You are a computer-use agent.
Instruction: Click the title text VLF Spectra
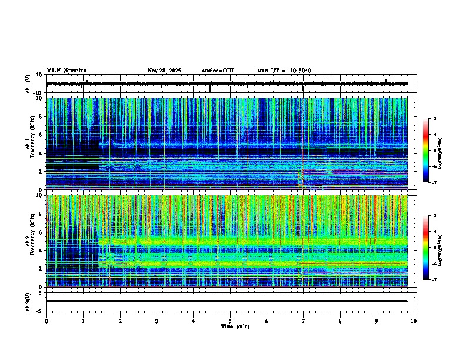coord(66,71)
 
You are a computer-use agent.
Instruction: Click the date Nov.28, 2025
coord(164,71)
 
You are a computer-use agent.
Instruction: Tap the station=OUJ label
coord(218,71)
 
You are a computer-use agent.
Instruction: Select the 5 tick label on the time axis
coord(230,321)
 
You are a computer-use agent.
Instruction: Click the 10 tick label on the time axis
coord(414,321)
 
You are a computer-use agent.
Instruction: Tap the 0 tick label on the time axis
coord(46,321)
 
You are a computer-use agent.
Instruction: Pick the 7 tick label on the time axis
coord(304,321)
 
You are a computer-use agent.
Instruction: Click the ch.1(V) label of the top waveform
coord(28,84)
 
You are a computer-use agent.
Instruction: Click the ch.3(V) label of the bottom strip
coord(28,301)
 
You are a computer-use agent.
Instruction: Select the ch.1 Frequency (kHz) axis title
coord(28,144)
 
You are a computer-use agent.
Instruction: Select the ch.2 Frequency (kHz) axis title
coord(28,241)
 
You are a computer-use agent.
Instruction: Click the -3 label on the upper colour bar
coord(434,119)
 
